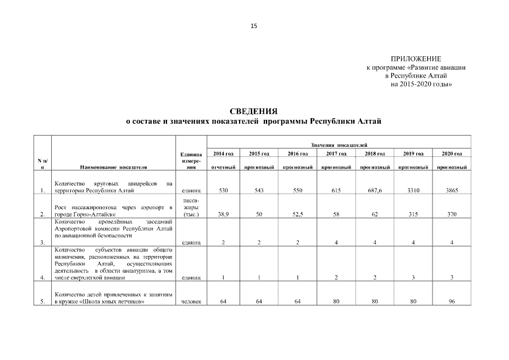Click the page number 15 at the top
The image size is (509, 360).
coord(254,25)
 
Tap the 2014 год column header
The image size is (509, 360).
coord(223,154)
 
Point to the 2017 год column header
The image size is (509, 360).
coord(336,154)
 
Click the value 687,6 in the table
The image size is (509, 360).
coord(374,191)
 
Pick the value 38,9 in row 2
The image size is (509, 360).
coord(223,214)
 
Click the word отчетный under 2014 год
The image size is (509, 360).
coord(223,167)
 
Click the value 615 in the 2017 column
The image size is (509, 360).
coord(336,191)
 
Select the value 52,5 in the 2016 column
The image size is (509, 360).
coord(298,214)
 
